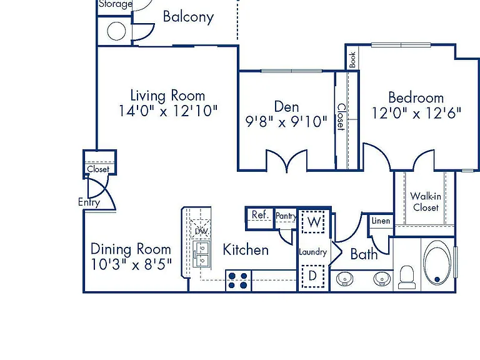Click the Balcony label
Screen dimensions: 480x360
(x=188, y=17)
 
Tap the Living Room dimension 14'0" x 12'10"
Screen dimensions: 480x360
(x=168, y=111)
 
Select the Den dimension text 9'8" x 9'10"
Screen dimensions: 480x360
(x=286, y=121)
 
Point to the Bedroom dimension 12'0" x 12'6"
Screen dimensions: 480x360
(x=416, y=113)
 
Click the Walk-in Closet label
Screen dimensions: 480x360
(x=426, y=202)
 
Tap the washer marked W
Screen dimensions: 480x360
(x=313, y=222)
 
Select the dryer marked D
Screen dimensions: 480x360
(x=313, y=276)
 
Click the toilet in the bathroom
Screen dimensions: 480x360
(x=407, y=277)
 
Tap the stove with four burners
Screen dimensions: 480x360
(x=238, y=281)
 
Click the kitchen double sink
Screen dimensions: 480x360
(x=202, y=255)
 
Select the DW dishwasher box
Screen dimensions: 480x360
(x=201, y=229)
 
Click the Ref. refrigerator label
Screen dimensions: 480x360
(x=260, y=214)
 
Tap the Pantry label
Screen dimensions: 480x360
(x=286, y=216)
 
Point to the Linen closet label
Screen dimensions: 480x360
(x=381, y=221)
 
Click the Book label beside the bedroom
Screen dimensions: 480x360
(x=352, y=60)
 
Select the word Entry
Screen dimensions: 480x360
(x=89, y=202)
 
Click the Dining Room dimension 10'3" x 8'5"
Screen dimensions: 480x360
(x=131, y=264)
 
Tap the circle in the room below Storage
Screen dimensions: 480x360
(x=116, y=31)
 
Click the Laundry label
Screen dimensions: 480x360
(x=313, y=252)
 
